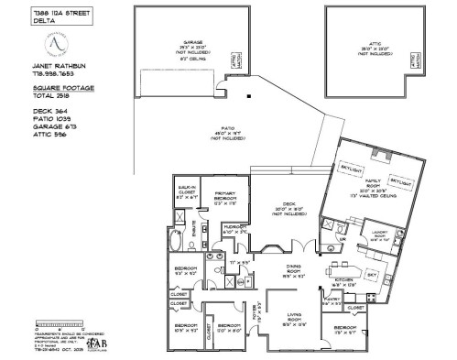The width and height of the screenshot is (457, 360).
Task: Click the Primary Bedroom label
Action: click(225, 198)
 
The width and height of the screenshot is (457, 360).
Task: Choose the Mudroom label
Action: click(234, 231)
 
